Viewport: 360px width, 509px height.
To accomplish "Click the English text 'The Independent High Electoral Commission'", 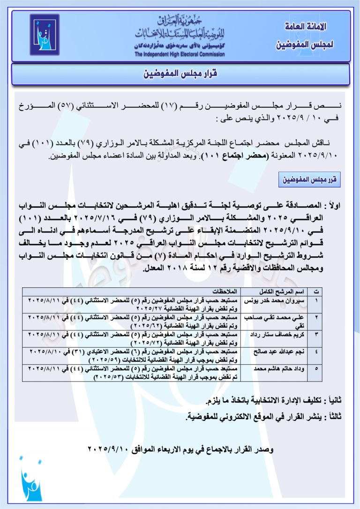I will [180, 54].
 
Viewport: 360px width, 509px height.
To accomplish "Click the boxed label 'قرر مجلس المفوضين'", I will [309, 180].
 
